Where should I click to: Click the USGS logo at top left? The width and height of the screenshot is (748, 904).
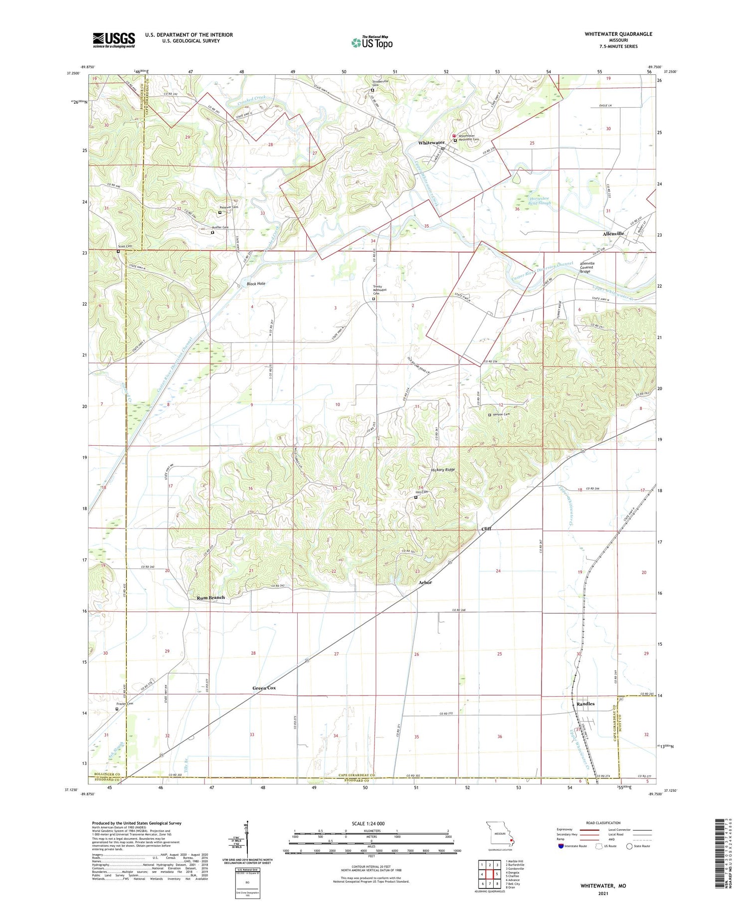pos(114,40)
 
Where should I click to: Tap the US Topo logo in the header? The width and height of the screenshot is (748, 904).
pos(372,43)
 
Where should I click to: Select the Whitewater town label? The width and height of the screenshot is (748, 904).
pos(431,143)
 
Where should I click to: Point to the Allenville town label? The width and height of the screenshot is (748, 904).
pos(613,233)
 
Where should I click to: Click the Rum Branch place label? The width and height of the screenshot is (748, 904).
pos(210,597)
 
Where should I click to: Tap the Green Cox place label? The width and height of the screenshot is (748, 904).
pos(264,688)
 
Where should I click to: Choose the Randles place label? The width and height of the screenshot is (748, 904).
pos(585,704)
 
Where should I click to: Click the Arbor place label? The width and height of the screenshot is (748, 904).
pos(425,582)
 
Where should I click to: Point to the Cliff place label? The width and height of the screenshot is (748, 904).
pos(486,529)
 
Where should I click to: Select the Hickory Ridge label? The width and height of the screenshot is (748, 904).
pos(443,470)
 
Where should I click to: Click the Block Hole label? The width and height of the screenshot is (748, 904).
pos(256,284)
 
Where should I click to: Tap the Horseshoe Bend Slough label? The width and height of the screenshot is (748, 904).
pos(540,200)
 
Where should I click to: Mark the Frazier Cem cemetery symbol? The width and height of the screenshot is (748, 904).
pos(117,709)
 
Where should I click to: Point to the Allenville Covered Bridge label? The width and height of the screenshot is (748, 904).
pos(587,267)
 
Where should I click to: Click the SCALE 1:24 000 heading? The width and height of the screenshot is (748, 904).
pos(372,823)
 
